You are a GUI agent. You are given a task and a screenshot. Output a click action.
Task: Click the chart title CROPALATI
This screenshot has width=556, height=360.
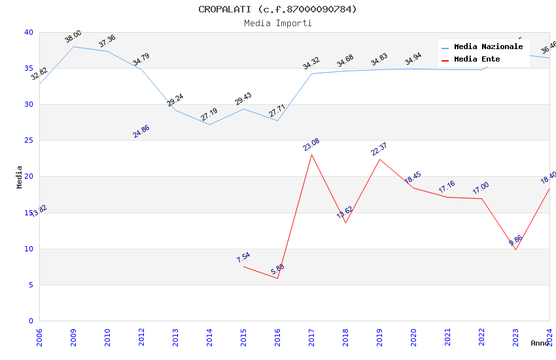pyautogui.click(x=277, y=9)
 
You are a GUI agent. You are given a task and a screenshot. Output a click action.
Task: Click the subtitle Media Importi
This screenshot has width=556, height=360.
pyautogui.click(x=277, y=23)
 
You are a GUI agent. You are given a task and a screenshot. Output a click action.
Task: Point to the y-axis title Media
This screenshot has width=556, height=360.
pyautogui.click(x=20, y=177)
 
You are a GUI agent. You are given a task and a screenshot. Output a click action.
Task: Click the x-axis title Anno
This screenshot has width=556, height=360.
pyautogui.click(x=540, y=343)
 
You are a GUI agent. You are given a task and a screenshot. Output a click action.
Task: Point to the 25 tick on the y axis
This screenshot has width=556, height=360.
pyautogui.click(x=29, y=141)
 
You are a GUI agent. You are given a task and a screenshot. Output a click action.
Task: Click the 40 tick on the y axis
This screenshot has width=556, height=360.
pyautogui.click(x=29, y=33)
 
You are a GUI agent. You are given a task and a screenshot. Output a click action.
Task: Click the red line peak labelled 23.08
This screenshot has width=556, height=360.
pyautogui.click(x=311, y=154)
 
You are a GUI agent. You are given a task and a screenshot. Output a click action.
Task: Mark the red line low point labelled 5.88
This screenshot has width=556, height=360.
pyautogui.click(x=277, y=278)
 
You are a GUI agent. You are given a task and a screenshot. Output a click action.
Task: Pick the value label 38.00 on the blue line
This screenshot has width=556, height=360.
pyautogui.click(x=73, y=37)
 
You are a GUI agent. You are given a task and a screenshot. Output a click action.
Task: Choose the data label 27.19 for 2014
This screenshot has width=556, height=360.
pyautogui.click(x=209, y=115)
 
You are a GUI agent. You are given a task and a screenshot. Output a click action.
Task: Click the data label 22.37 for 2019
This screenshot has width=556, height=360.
pyautogui.click(x=379, y=149)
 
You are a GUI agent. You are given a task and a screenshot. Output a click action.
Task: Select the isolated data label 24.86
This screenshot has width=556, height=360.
pyautogui.click(x=141, y=131)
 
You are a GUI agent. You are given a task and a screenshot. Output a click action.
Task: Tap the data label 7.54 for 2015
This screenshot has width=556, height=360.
pyautogui.click(x=243, y=257)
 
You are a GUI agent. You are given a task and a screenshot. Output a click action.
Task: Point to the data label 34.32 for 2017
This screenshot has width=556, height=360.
pyautogui.click(x=311, y=63)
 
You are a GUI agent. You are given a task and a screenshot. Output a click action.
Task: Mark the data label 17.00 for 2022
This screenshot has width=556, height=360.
pyautogui.click(x=481, y=188)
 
